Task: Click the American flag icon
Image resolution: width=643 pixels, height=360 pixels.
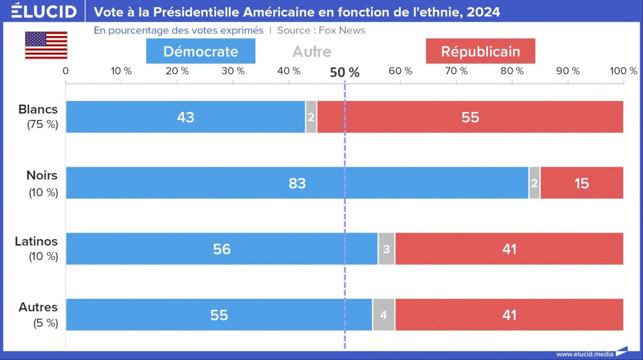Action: (x=46, y=45)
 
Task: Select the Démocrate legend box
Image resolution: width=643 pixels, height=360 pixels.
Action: (x=201, y=51)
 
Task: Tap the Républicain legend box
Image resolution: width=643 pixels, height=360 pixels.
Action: (x=480, y=51)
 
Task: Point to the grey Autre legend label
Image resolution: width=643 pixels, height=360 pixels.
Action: (x=312, y=51)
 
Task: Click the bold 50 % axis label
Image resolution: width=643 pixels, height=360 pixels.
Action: (x=345, y=72)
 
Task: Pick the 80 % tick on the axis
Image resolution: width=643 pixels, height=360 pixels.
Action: (x=512, y=71)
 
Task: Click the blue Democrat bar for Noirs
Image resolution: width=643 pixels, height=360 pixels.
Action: (x=297, y=183)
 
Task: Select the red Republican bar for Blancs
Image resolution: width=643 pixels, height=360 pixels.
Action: (x=470, y=117)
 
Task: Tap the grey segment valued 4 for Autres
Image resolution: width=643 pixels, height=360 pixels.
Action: (x=383, y=315)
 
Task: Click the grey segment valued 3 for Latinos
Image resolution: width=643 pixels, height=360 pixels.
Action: (x=386, y=249)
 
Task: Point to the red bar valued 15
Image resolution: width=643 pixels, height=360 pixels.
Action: (x=581, y=183)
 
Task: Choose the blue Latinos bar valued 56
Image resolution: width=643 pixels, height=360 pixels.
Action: (x=222, y=249)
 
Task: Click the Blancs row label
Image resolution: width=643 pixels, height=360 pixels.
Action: (x=38, y=109)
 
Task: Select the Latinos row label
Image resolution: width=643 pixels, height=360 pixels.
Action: (x=36, y=242)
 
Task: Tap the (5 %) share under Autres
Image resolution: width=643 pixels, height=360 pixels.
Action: (x=45, y=323)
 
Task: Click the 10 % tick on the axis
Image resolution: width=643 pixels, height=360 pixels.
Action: (x=122, y=71)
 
